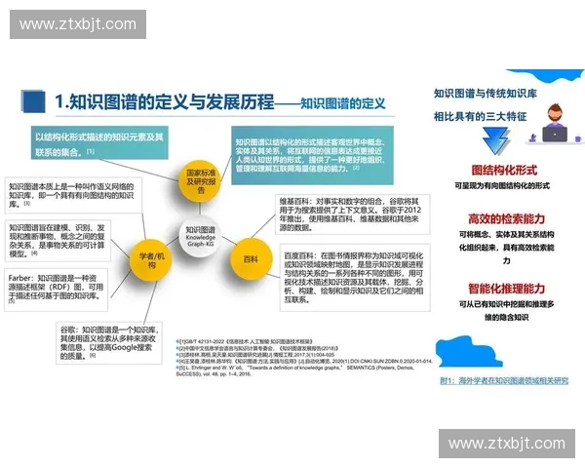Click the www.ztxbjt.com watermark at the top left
click(x=74, y=22)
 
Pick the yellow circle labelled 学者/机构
click(x=152, y=256)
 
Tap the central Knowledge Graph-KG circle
click(x=201, y=235)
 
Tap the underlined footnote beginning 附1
click(x=503, y=380)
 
